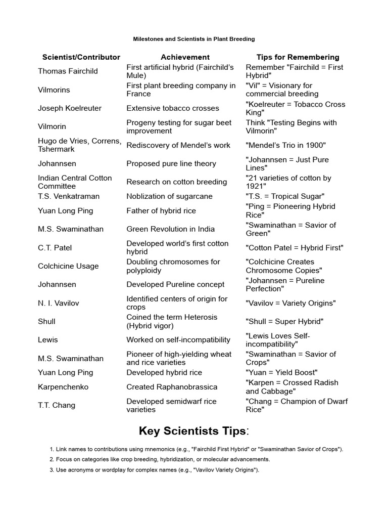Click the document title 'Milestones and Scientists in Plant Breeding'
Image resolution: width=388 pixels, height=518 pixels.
coord(194,39)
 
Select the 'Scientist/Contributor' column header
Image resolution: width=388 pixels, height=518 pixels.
coord(81,57)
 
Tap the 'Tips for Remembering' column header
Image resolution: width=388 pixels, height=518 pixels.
coord(298,57)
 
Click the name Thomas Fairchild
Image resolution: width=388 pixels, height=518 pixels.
coord(68,71)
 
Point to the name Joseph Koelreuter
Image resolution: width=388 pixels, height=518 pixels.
coord(70,108)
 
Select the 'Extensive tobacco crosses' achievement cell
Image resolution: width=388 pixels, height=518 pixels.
coord(173,108)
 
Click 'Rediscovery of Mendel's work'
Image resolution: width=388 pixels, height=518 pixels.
coord(178,145)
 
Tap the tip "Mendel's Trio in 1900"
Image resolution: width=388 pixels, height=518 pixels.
coord(286,145)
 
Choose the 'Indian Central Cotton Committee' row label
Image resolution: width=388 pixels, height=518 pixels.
coord(75,182)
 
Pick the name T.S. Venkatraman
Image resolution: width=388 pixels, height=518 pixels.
coord(69,196)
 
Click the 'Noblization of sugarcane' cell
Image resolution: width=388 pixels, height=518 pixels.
coord(169,196)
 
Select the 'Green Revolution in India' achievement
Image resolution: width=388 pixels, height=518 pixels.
coord(170,229)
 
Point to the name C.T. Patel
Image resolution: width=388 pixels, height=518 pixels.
coord(55,248)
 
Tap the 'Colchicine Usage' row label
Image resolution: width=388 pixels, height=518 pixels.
coord(68,266)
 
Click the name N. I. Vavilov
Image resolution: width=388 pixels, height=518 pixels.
coord(59,303)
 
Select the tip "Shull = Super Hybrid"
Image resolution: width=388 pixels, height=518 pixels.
coord(284,322)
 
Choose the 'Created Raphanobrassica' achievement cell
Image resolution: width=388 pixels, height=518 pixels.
coord(172,387)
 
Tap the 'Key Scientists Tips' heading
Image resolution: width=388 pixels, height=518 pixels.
coord(194,431)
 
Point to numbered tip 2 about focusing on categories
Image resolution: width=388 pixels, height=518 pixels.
coord(160,459)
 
